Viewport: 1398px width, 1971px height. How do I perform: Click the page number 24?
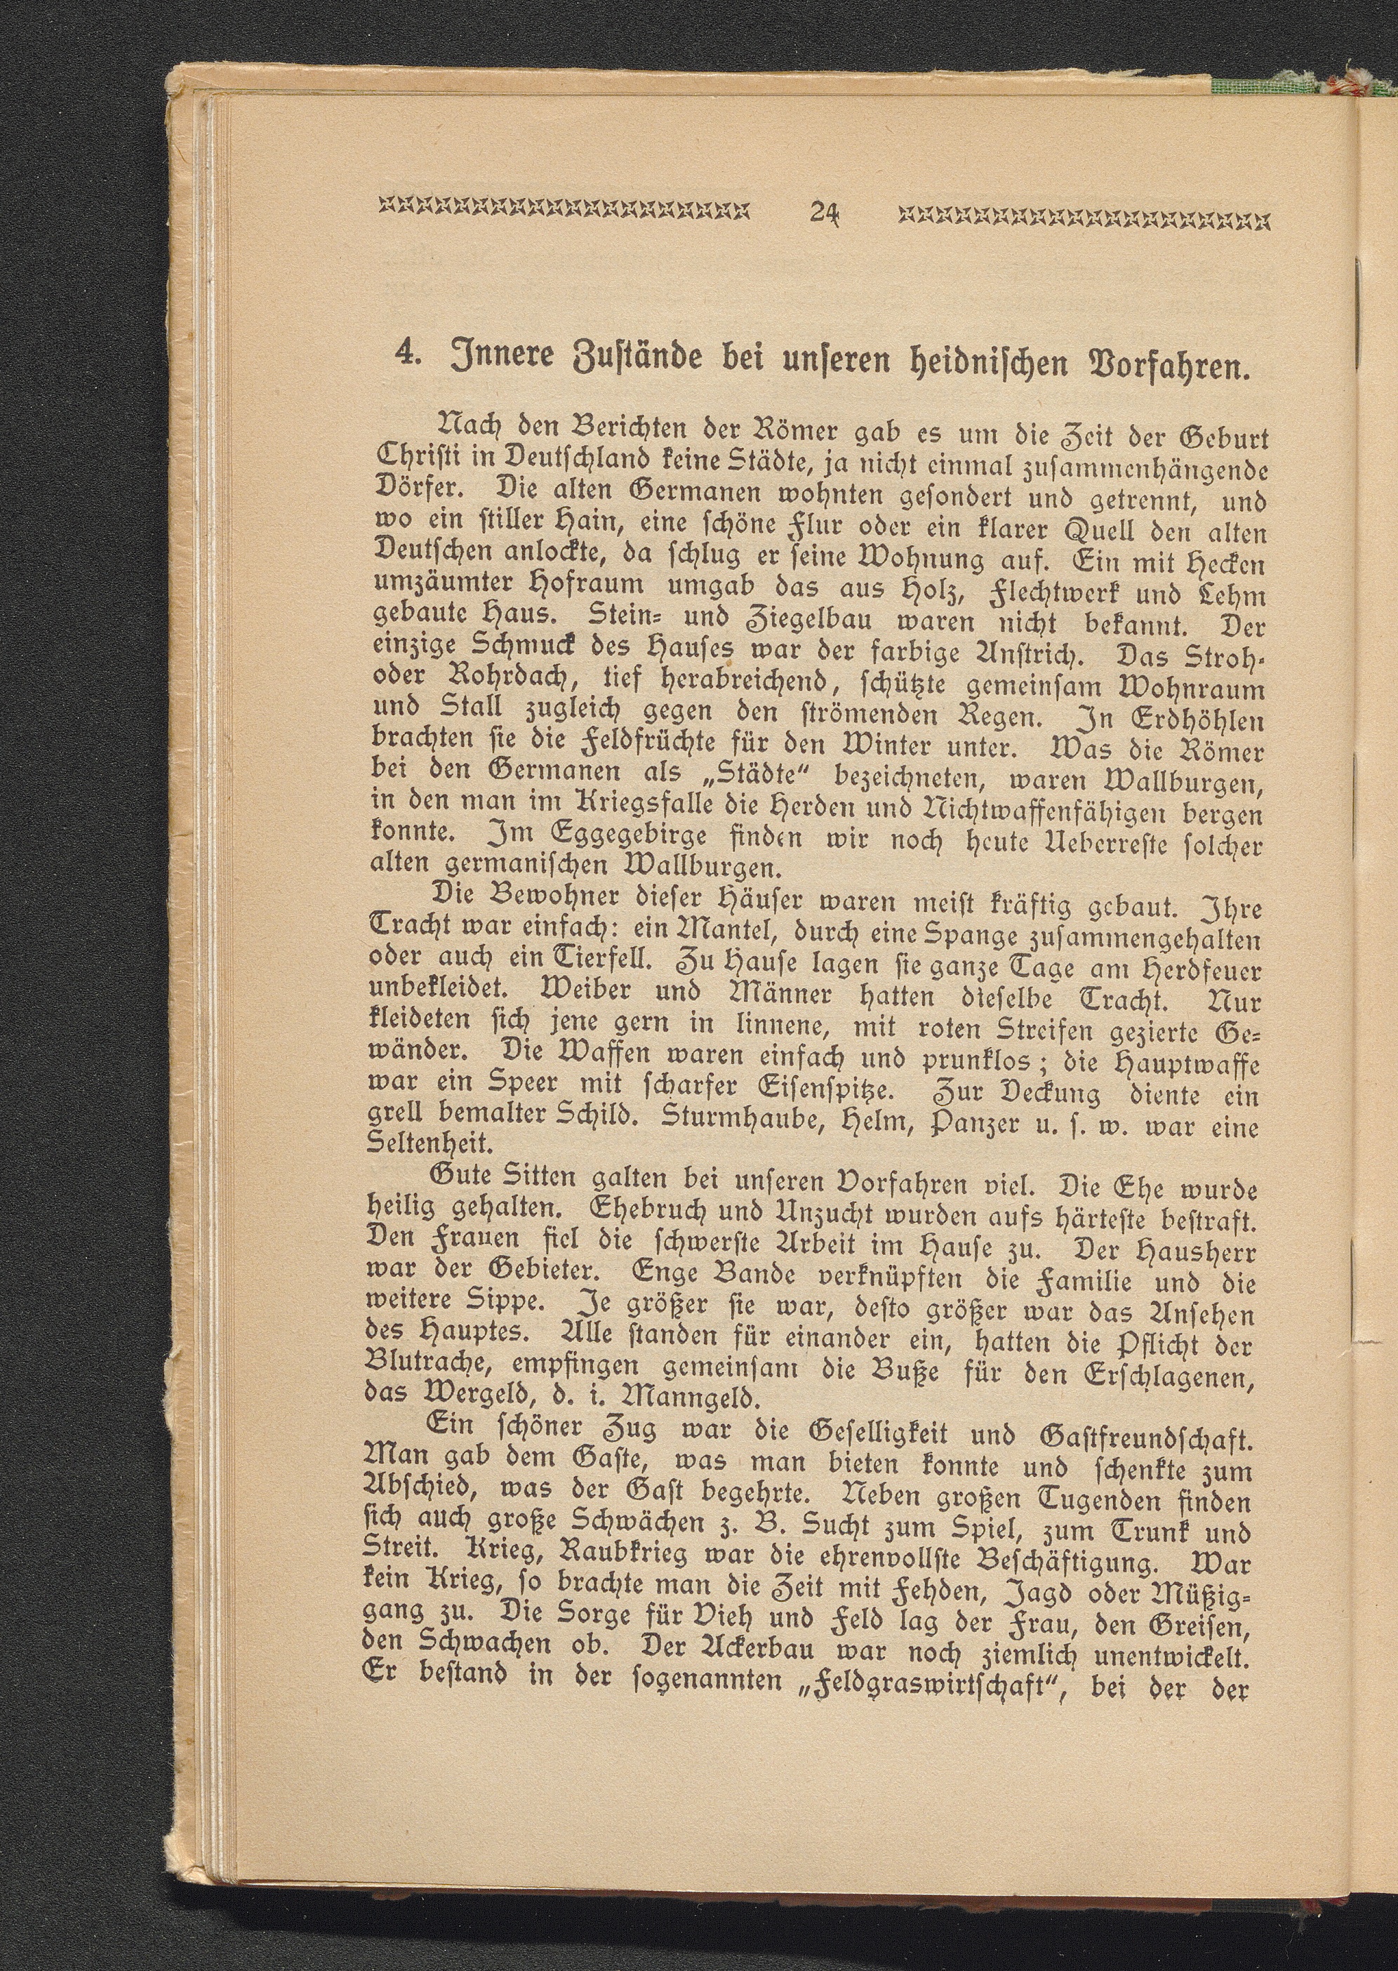(x=825, y=213)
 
